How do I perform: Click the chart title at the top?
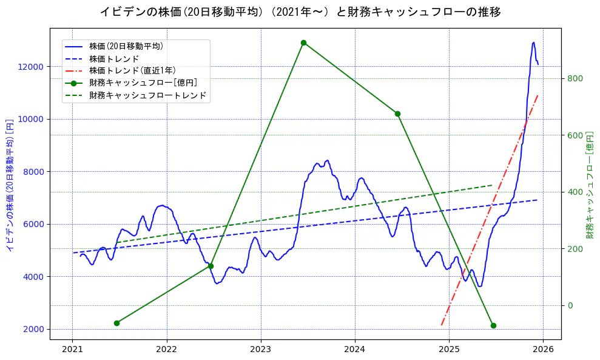click(300, 12)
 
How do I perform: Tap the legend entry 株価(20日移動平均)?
click(126, 46)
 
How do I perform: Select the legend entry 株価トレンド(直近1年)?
click(132, 71)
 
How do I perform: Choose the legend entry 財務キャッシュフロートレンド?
click(147, 95)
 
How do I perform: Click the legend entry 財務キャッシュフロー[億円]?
click(143, 83)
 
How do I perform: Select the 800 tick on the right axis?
click(575, 78)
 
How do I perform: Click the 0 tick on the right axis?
click(570, 305)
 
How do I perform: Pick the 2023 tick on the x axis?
click(260, 350)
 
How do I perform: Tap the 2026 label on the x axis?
click(543, 350)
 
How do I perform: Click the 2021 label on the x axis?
click(72, 350)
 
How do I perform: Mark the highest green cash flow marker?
click(303, 42)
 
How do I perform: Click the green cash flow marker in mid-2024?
click(397, 114)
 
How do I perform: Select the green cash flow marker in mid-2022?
click(211, 266)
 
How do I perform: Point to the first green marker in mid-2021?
click(116, 323)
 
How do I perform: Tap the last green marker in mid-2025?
click(493, 325)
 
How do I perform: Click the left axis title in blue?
click(10, 183)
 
